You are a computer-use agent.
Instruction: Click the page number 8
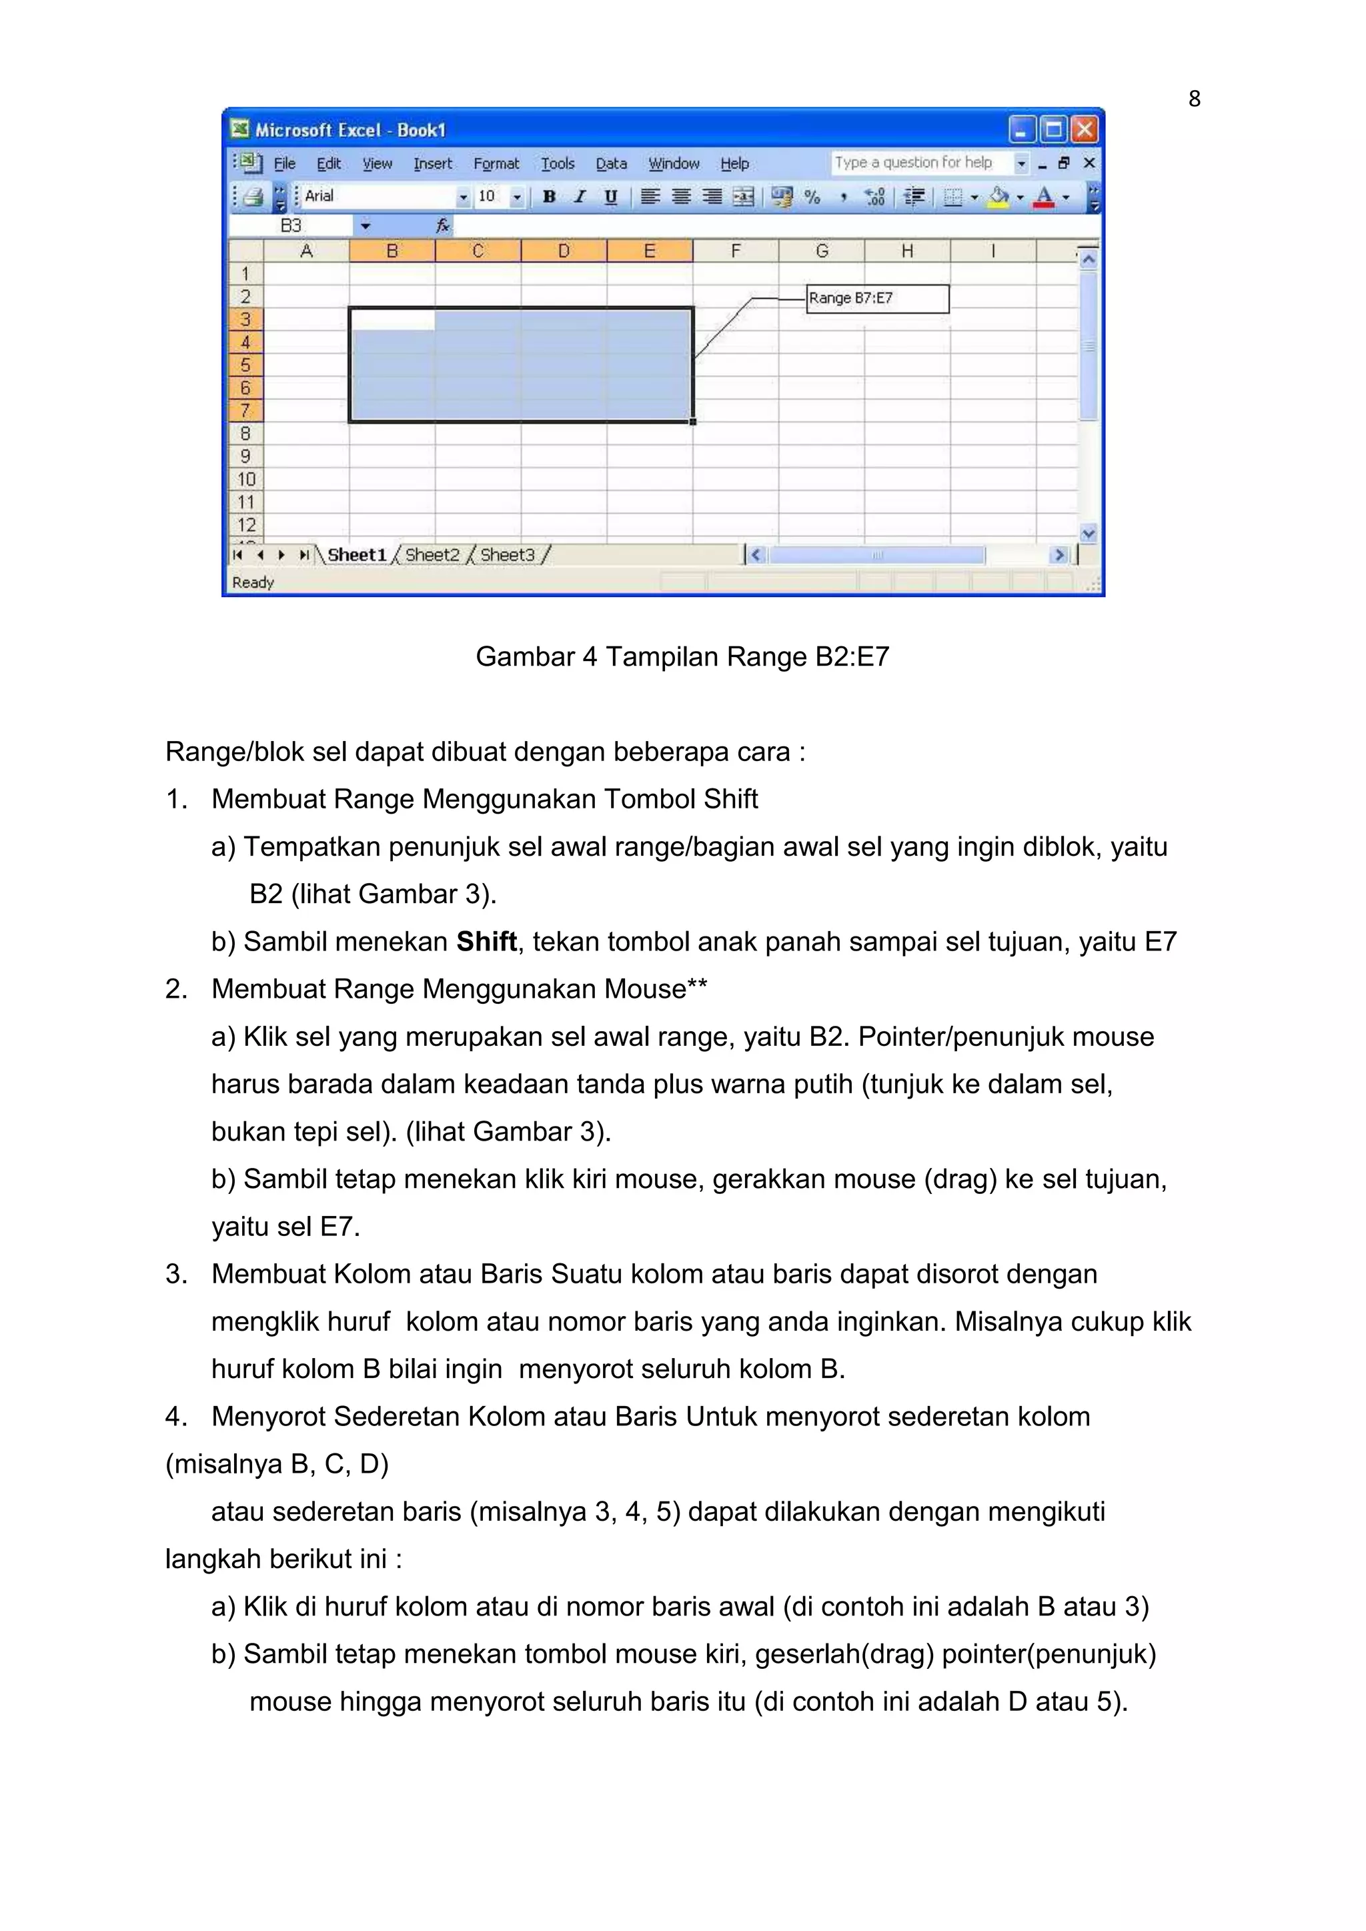(1193, 99)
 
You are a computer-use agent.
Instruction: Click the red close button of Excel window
(1085, 129)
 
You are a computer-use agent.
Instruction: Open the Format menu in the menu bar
(496, 164)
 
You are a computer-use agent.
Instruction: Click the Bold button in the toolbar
(549, 197)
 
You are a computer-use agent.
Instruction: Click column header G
(822, 251)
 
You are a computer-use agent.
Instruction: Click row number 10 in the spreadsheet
(245, 480)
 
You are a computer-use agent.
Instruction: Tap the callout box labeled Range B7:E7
(877, 299)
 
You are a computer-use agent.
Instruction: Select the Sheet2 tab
(432, 555)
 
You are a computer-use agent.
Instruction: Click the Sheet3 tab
(507, 555)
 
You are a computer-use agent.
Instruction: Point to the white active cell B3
(392, 319)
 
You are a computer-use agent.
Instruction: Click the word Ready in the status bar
(253, 582)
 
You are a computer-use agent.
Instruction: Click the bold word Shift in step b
(486, 941)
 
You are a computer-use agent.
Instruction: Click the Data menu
(612, 164)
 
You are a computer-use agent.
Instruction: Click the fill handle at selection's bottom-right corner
(693, 422)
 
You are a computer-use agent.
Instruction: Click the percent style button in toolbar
(812, 197)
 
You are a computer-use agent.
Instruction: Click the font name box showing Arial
(378, 196)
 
